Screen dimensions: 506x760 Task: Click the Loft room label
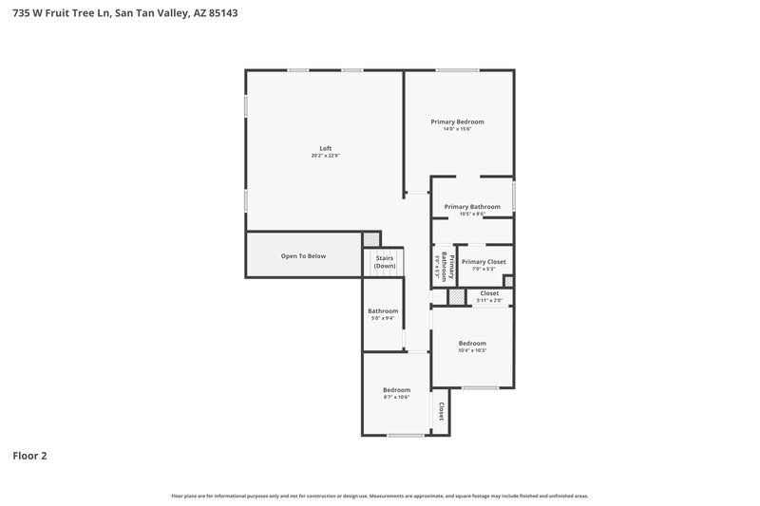[x=326, y=148]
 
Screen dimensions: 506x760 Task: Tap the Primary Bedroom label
[x=457, y=122]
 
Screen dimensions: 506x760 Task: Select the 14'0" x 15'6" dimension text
[x=457, y=129]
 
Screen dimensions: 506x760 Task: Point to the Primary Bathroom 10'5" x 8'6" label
[x=472, y=210]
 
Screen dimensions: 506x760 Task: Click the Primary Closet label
[x=484, y=262]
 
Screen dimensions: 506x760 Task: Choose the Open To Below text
[x=303, y=256]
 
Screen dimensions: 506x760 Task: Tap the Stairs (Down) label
[x=385, y=262]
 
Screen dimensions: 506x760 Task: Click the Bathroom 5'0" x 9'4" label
[x=383, y=314]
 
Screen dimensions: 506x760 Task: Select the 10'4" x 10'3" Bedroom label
[x=472, y=347]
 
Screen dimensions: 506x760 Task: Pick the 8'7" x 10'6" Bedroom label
[x=396, y=394]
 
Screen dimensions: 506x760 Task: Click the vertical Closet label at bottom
[x=441, y=411]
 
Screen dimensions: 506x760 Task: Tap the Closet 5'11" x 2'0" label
[x=489, y=296]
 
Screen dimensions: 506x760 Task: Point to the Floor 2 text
[x=29, y=456]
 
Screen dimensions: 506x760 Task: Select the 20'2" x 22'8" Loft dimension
[x=326, y=156]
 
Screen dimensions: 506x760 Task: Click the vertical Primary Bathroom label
[x=442, y=266]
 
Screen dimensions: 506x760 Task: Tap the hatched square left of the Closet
[x=458, y=297]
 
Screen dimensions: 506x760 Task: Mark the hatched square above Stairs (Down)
[x=372, y=239]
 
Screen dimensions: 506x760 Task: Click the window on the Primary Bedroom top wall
[x=457, y=69]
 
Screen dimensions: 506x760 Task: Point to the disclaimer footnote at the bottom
[x=380, y=496]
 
